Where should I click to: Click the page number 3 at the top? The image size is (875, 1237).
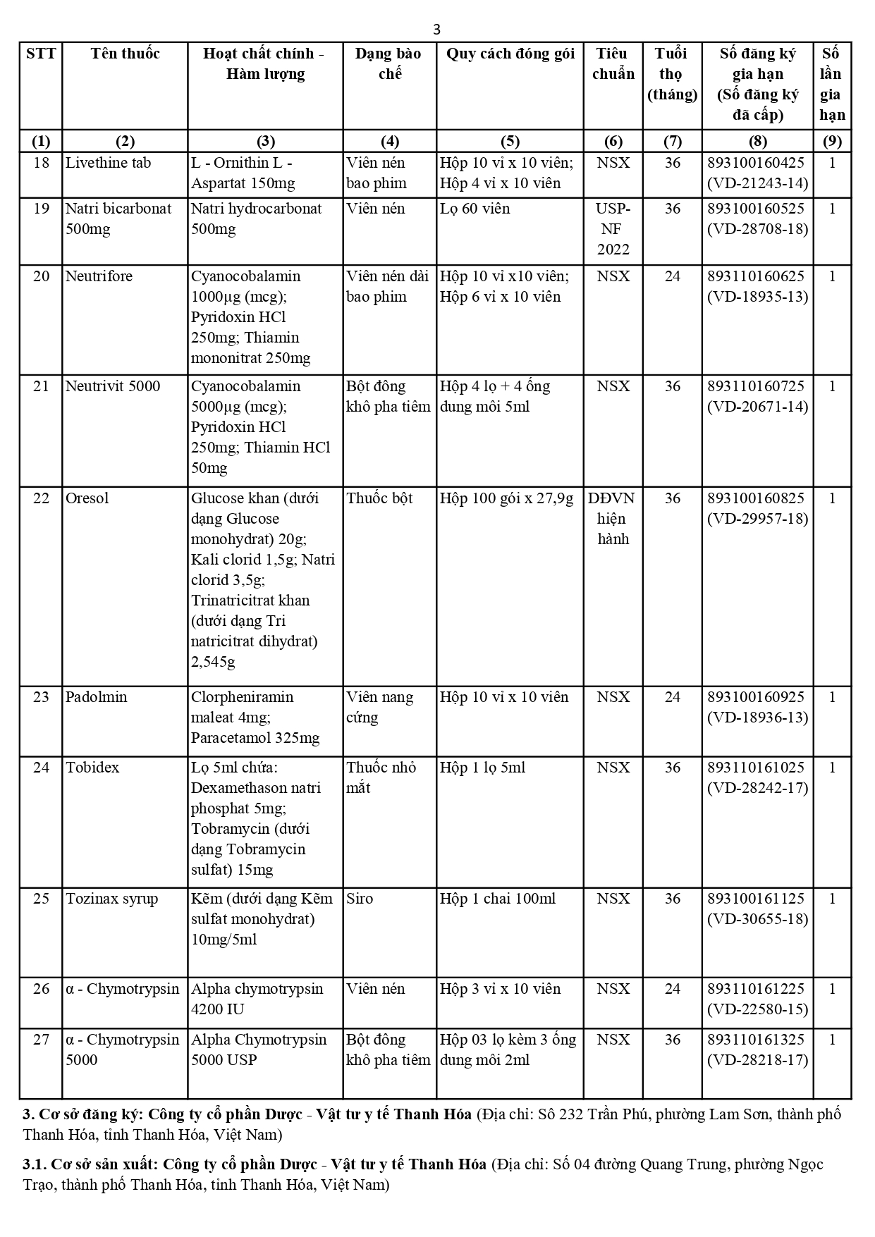436,29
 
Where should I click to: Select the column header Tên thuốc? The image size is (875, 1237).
125,54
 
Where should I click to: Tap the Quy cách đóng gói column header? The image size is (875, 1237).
510,54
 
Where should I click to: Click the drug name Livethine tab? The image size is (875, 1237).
108,163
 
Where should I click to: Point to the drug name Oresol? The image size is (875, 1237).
87,498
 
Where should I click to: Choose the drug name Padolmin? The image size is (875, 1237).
97,697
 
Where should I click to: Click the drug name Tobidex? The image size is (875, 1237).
92,768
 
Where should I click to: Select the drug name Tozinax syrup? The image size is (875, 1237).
112,899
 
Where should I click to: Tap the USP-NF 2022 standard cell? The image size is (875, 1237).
613,229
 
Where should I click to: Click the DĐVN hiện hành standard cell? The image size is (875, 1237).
612,519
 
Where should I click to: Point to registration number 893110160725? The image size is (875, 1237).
756,386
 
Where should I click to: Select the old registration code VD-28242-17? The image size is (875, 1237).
757,788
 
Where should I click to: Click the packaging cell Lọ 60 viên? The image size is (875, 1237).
475,209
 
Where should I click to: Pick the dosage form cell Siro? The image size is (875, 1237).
360,899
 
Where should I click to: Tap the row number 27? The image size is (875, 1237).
41,1040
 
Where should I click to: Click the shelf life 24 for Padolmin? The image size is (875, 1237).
672,697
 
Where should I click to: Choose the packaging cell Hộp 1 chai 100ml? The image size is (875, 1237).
498,899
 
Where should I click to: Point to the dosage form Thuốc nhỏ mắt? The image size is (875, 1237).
381,777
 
